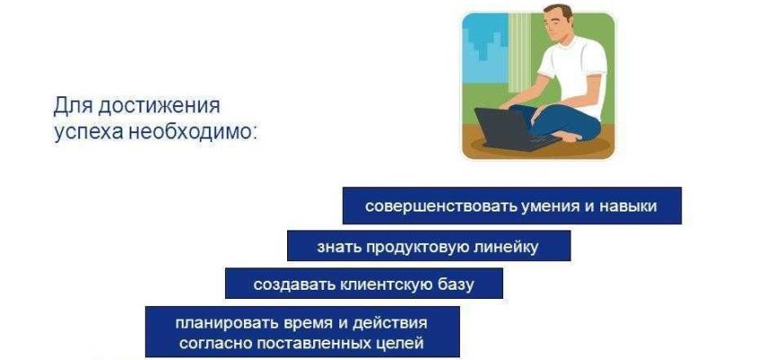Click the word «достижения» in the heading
coord(159,106)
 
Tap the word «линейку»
coord(505,247)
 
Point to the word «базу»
coord(455,284)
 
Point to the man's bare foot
coord(568,135)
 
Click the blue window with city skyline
coord(485,49)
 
